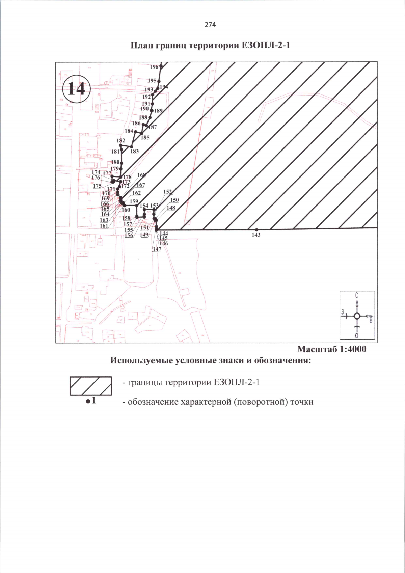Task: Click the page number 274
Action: (x=210, y=25)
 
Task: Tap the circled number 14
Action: (x=77, y=89)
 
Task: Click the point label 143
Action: (x=256, y=235)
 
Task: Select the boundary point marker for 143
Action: (x=256, y=229)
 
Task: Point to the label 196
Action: (x=154, y=67)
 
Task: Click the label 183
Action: (x=134, y=151)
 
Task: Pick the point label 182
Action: (x=121, y=140)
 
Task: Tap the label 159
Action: (x=134, y=201)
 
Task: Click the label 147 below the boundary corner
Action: (x=157, y=249)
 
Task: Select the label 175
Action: (x=97, y=186)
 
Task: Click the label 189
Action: (x=158, y=111)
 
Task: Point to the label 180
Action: (x=115, y=162)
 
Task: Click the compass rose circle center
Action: (x=357, y=316)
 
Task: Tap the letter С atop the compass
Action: (x=357, y=295)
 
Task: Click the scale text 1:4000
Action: (x=352, y=349)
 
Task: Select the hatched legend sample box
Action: (x=91, y=386)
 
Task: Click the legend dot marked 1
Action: (x=88, y=401)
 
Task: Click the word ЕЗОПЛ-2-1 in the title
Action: (x=266, y=45)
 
